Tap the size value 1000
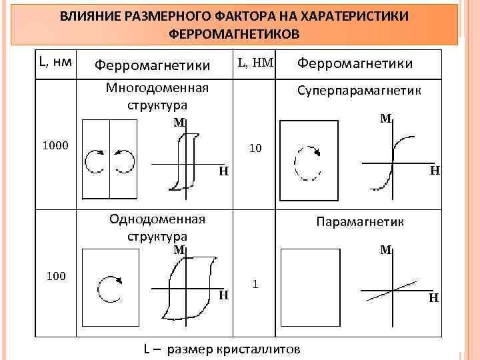[x=55, y=144]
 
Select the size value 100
[x=55, y=274]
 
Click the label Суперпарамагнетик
[x=359, y=90]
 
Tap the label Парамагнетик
[x=360, y=221]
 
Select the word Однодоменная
[x=157, y=219]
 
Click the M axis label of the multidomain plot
[x=179, y=122]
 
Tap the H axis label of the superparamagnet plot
[x=433, y=171]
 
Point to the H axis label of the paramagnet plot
[x=433, y=298]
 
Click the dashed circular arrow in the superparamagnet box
[x=307, y=162]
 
